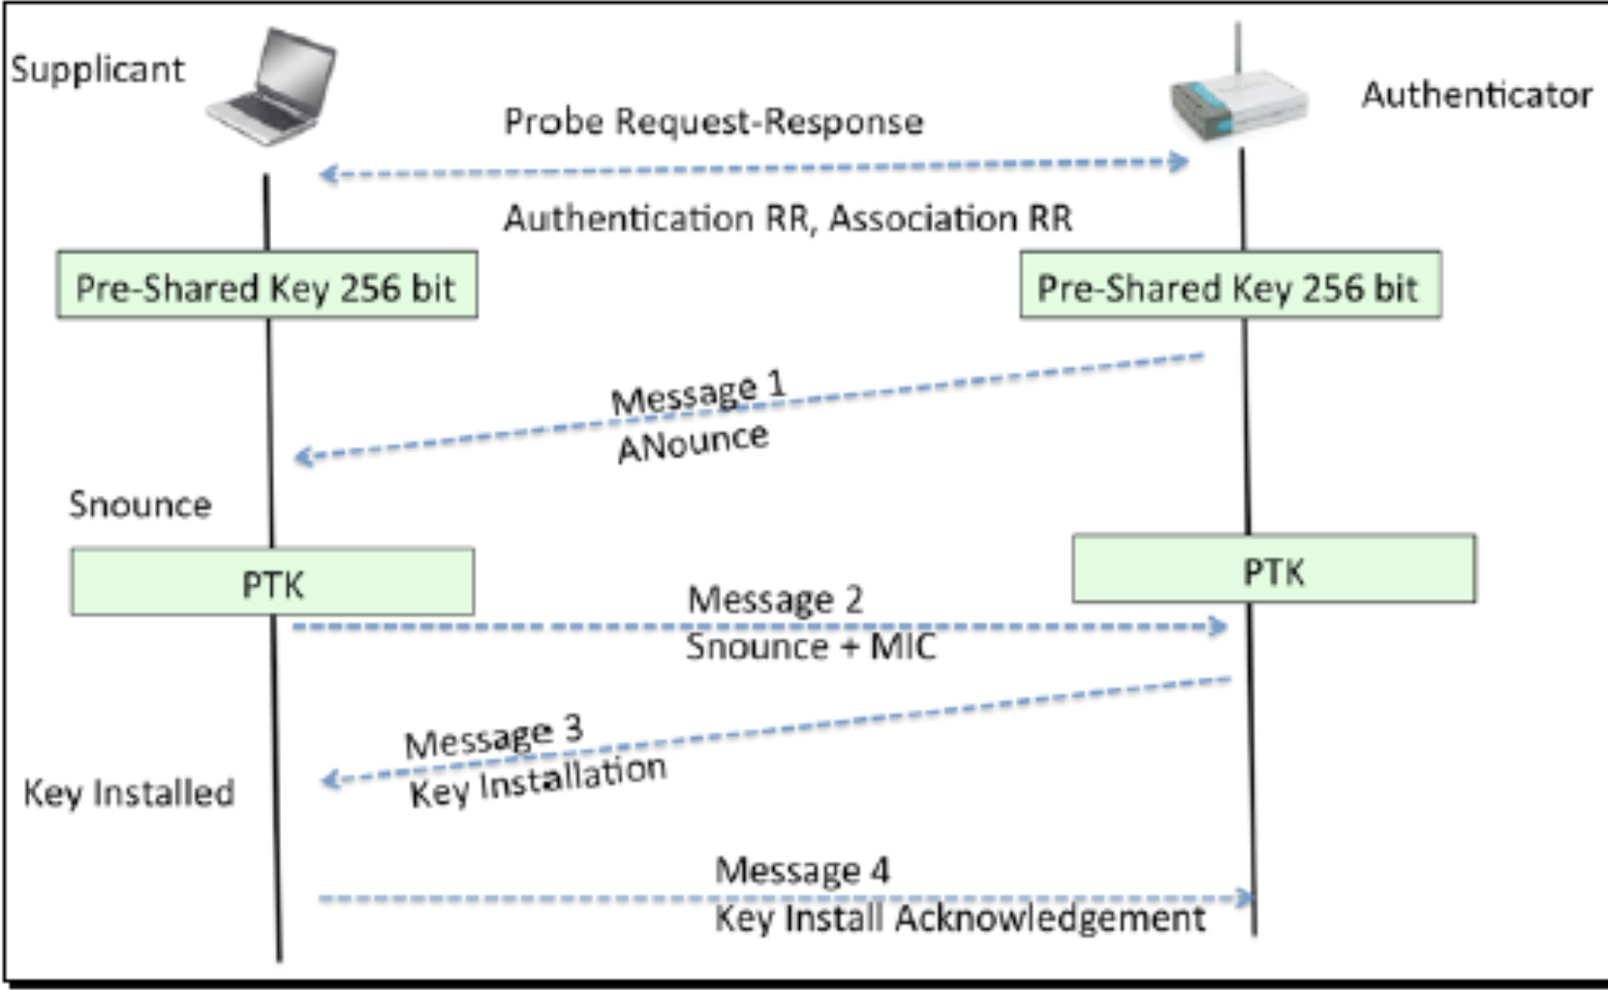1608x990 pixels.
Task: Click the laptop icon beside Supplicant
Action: (x=272, y=87)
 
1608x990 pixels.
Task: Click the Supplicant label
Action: (x=97, y=70)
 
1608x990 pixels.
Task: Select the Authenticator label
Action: (x=1476, y=95)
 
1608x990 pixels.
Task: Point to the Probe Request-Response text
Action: (x=714, y=122)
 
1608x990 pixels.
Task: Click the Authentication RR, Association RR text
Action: (x=788, y=219)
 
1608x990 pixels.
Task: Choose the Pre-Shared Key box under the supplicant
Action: (x=266, y=286)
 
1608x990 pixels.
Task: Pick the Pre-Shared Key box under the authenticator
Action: (x=1229, y=286)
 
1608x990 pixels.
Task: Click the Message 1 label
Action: (x=697, y=393)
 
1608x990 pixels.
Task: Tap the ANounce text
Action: (x=693, y=443)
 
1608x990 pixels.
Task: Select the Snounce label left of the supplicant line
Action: (x=139, y=505)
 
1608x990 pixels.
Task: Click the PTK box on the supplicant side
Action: (x=272, y=582)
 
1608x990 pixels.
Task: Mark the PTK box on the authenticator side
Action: (x=1274, y=570)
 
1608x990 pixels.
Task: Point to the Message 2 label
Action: (x=775, y=600)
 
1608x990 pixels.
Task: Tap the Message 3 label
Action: (x=494, y=738)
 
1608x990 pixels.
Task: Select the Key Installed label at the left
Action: (x=129, y=793)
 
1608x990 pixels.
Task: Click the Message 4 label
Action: (x=802, y=870)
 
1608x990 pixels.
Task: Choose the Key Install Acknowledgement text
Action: (x=960, y=918)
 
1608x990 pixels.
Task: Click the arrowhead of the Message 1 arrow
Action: (x=302, y=456)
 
